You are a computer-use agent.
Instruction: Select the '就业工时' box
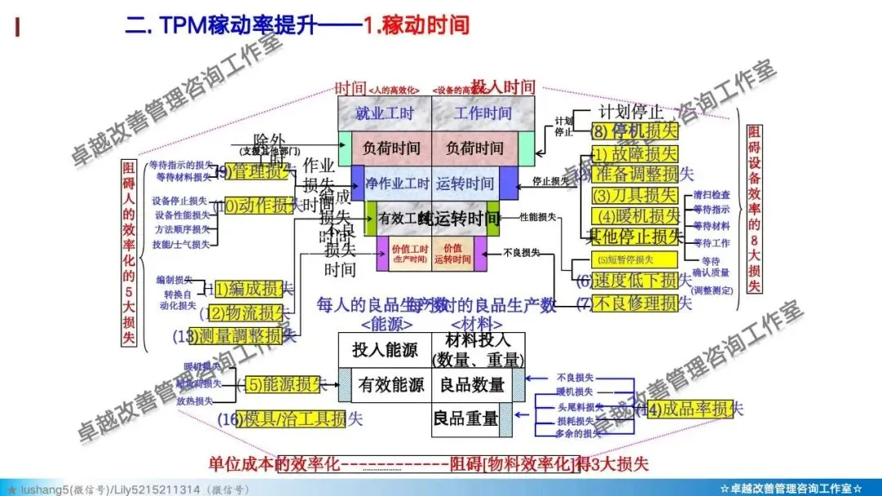(385, 113)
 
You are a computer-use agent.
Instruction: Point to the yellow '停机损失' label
(635, 130)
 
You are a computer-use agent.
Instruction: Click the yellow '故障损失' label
(635, 153)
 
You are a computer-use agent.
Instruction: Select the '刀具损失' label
(635, 195)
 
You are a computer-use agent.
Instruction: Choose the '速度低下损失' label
(635, 281)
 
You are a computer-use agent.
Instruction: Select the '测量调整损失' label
(237, 335)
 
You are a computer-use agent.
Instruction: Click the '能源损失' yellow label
(282, 384)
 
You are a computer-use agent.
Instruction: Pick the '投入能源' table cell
(385, 350)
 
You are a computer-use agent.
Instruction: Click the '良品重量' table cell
(465, 418)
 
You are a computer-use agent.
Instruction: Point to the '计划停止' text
(630, 111)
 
